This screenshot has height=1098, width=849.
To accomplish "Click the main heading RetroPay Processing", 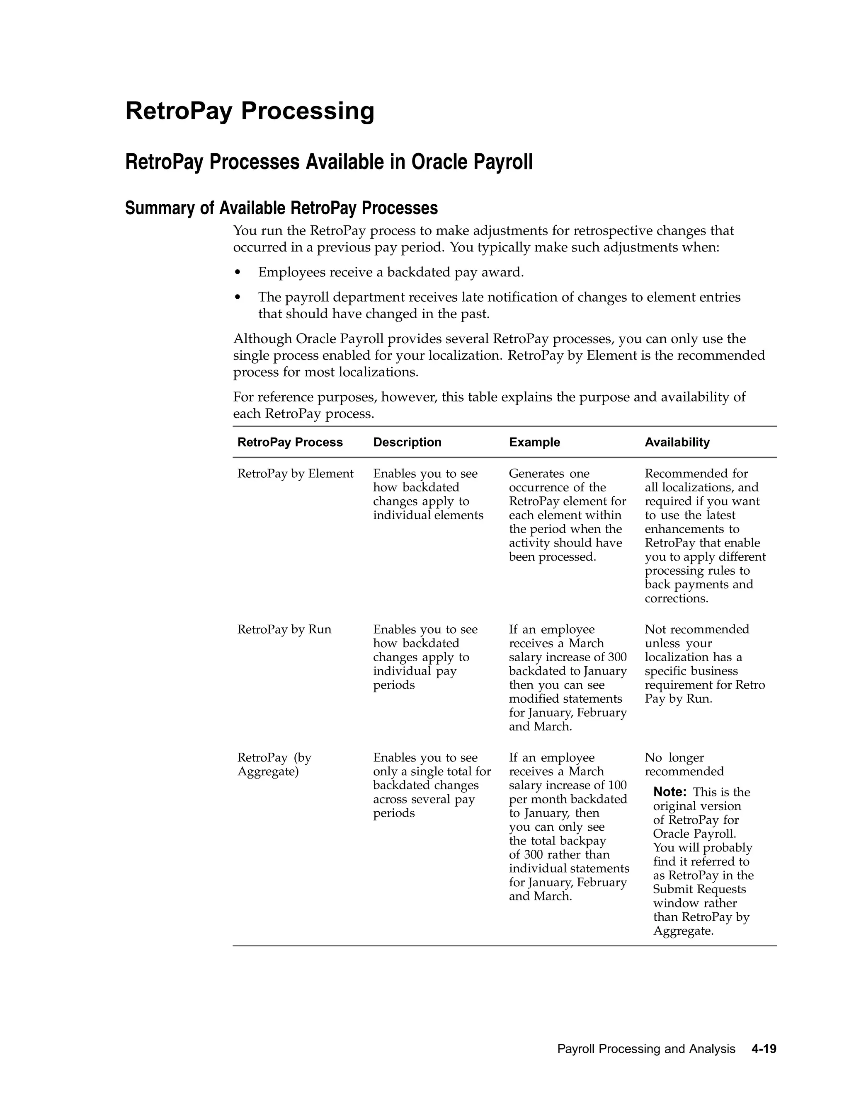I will [x=250, y=111].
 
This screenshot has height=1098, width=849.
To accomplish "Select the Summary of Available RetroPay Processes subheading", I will [x=281, y=208].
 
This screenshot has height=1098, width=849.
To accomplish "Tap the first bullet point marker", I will [x=238, y=273].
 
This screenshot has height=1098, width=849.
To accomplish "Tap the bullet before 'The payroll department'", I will [x=238, y=297].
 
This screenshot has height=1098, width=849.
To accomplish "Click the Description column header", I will [x=407, y=443].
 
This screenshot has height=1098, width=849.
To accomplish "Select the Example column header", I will [x=534, y=443].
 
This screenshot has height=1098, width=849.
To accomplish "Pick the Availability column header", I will [x=677, y=443].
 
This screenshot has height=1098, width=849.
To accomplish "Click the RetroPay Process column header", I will [x=290, y=443].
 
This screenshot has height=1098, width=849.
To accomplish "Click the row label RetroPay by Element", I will [x=295, y=474].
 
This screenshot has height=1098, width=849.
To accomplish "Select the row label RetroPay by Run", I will [x=284, y=629].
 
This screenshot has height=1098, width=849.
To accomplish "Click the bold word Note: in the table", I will [x=669, y=792].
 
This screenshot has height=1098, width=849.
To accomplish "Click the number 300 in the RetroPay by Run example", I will [x=617, y=657].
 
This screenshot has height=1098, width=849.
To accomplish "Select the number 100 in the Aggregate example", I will [x=617, y=785].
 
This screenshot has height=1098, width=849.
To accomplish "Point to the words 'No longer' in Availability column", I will [x=674, y=758].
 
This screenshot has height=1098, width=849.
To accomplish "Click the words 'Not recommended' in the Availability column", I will [x=696, y=629].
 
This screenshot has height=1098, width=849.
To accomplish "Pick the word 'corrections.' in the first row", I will [x=676, y=598].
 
